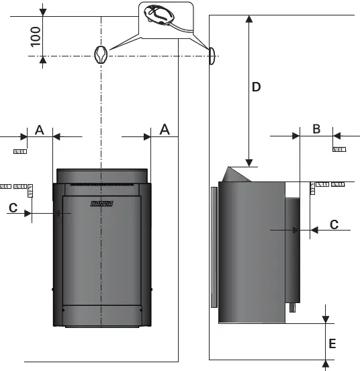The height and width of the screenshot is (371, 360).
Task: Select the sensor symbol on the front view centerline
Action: pos(101,55)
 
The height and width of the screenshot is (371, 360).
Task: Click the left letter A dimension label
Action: pos(40,129)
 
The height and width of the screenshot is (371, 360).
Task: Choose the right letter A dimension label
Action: pos(164,129)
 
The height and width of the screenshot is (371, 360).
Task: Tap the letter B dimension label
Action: pos(316,129)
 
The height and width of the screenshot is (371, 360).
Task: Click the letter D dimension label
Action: pos(256,87)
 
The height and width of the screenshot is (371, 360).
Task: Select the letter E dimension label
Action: pos(332,343)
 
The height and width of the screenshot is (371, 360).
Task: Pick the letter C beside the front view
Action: pos(13,208)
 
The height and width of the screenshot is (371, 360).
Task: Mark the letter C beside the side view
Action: pos(334,224)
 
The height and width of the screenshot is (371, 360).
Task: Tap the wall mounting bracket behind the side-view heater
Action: pos(293,249)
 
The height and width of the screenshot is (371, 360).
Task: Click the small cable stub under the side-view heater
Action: pos(293,309)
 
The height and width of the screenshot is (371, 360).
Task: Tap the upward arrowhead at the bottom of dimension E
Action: pos(325,364)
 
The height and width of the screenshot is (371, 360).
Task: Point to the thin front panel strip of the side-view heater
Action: pos(214,245)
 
